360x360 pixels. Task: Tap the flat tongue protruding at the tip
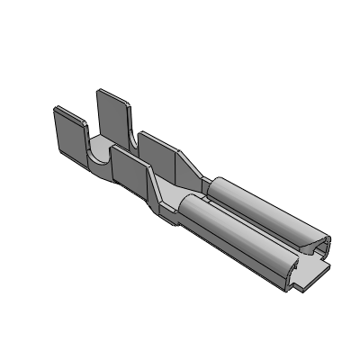point(315,274)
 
